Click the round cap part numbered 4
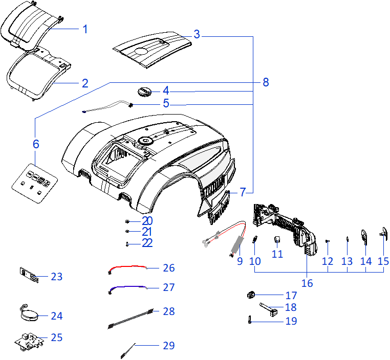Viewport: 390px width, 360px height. click(144, 92)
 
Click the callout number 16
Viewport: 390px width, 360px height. click(307, 282)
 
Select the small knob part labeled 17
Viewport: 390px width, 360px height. click(251, 295)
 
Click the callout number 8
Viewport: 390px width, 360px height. click(265, 82)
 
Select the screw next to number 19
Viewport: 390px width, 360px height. click(249, 321)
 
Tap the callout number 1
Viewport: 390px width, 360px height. click(85, 29)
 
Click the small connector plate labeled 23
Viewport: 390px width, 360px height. click(29, 275)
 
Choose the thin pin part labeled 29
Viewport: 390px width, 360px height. click(128, 350)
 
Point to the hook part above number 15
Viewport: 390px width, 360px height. click(382, 232)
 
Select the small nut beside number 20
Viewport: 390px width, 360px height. click(127, 221)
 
